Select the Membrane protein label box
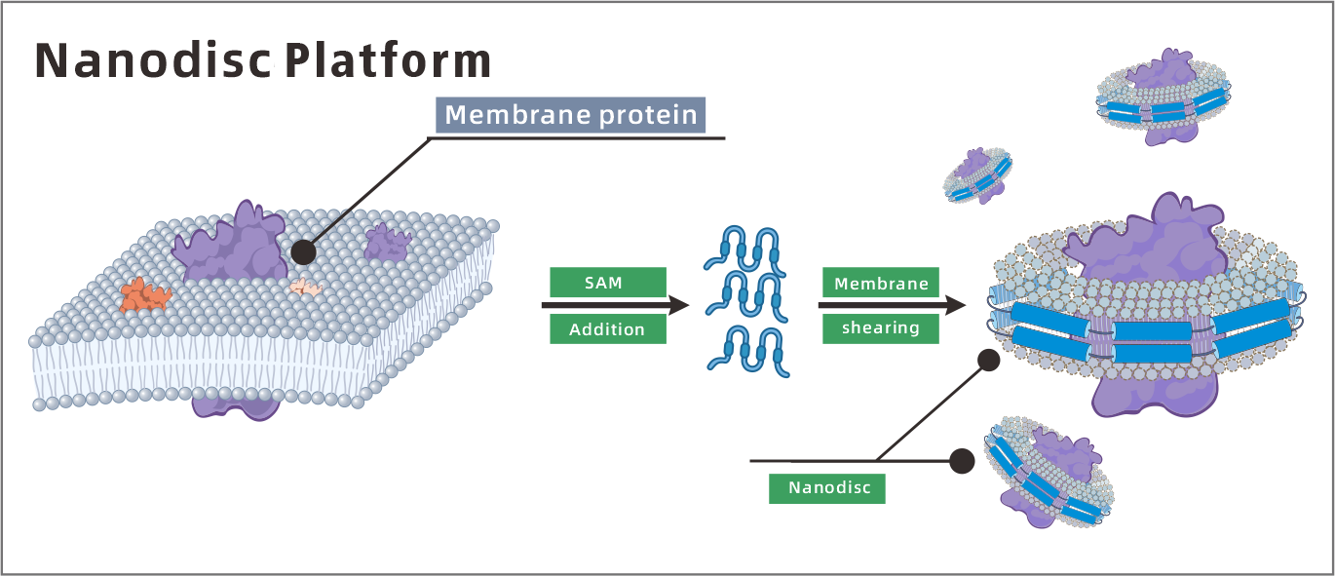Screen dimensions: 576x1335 coord(570,115)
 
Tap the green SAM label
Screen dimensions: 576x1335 coord(607,283)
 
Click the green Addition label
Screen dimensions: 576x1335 coord(607,329)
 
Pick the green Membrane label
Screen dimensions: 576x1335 coord(880,283)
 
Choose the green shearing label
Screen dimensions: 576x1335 coord(880,328)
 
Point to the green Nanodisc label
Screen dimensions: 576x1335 coord(827,487)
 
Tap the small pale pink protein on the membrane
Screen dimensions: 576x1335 coord(306,287)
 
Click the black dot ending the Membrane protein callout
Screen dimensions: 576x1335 coord(303,252)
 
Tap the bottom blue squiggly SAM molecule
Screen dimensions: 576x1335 coord(747,352)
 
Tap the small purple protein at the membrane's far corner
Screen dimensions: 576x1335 coord(387,243)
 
